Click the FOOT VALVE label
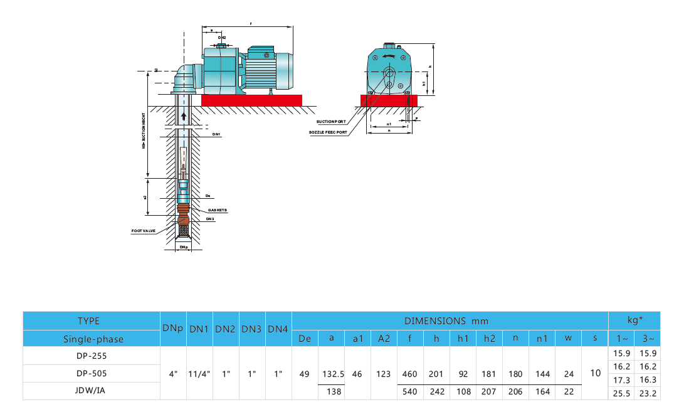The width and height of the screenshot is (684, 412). click(x=143, y=231)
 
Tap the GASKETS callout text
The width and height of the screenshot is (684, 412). click(x=217, y=210)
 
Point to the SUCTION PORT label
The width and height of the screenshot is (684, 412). click(x=330, y=122)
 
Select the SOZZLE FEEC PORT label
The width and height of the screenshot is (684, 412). click(x=328, y=132)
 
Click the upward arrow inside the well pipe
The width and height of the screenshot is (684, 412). click(x=183, y=115)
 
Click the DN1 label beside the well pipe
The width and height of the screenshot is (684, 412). click(x=216, y=134)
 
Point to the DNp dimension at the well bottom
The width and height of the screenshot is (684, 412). click(x=183, y=248)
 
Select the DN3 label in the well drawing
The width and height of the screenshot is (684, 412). click(x=210, y=219)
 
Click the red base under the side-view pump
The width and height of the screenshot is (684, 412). click(x=251, y=100)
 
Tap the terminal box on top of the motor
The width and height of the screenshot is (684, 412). click(x=258, y=54)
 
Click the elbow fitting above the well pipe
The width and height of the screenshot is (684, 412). click(x=184, y=78)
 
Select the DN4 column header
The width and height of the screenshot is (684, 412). click(x=278, y=329)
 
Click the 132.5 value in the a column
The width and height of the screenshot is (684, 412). click(x=332, y=373)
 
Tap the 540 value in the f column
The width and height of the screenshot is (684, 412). click(x=409, y=391)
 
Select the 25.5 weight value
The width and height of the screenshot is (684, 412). click(x=621, y=393)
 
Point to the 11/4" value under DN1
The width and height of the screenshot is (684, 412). click(x=199, y=373)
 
